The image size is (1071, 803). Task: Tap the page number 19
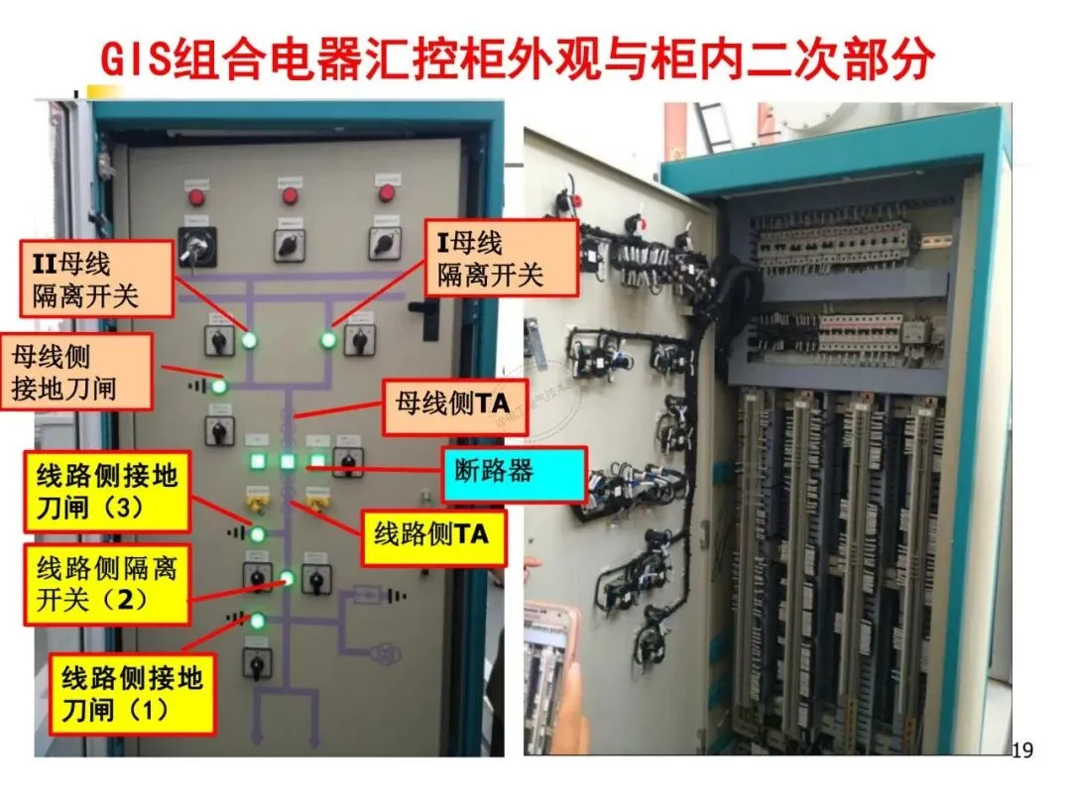click(1021, 750)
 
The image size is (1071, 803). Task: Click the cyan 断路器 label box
click(514, 472)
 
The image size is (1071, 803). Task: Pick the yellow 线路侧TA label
click(430, 536)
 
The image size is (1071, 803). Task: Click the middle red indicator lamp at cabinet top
click(290, 195)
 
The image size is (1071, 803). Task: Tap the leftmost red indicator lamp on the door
click(196, 195)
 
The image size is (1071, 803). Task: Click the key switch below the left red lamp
click(196, 244)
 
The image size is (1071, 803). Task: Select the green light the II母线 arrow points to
click(249, 340)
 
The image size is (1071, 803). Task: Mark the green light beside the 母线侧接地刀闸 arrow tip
click(218, 385)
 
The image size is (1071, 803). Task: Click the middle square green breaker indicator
click(287, 461)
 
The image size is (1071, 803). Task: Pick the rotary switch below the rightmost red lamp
click(383, 241)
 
